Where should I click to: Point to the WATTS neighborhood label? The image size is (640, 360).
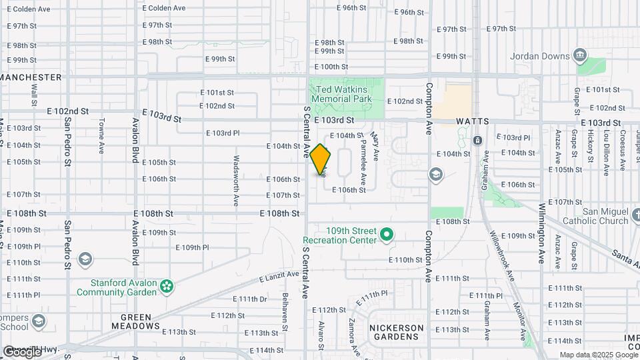click(x=473, y=122)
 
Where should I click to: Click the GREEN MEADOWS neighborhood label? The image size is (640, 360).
click(x=141, y=321)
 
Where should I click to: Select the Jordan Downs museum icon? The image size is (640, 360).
click(x=580, y=54)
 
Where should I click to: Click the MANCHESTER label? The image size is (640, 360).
click(x=31, y=77)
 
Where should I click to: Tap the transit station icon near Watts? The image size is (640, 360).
click(x=477, y=141)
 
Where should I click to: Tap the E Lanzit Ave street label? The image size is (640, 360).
click(x=278, y=275)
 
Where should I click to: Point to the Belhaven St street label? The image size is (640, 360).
click(x=285, y=311)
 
